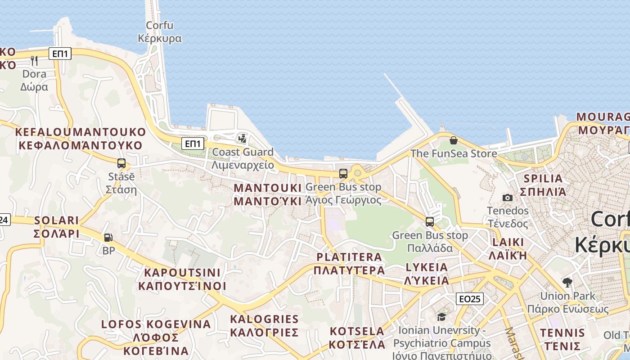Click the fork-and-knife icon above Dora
[34, 60]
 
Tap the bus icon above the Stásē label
[121, 163]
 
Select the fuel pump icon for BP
[108, 237]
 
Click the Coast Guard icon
[243, 138]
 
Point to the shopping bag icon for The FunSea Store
[453, 140]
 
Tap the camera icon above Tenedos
[508, 198]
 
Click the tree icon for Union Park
[567, 283]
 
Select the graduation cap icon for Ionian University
[441, 317]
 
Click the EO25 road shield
[469, 299]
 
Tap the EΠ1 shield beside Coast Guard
[193, 144]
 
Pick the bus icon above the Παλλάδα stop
[430, 222]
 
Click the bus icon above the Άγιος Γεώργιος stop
[343, 173]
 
